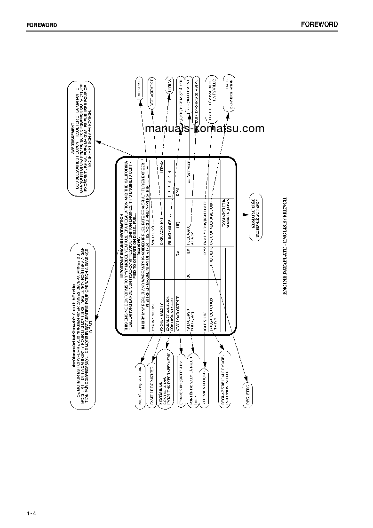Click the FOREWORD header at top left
pyautogui.click(x=42, y=25)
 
